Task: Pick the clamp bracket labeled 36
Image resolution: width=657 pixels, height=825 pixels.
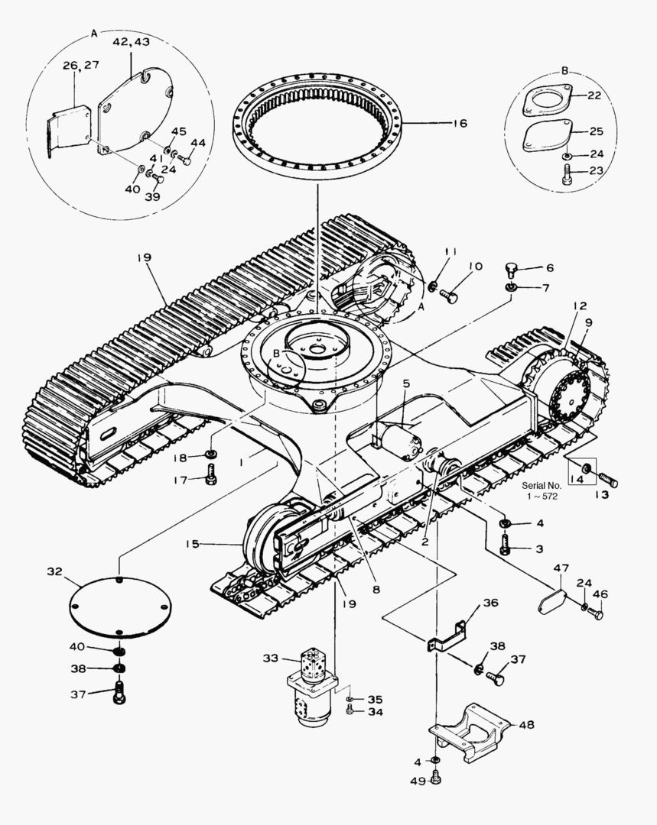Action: click(x=447, y=637)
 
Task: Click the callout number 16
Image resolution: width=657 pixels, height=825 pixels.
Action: click(x=459, y=124)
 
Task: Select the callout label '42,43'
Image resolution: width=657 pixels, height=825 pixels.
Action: click(x=131, y=43)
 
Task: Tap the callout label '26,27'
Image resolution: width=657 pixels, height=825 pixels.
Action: click(x=80, y=66)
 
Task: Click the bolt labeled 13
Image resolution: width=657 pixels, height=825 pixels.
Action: click(x=607, y=480)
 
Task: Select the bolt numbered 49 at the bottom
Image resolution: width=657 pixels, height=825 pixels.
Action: click(x=436, y=778)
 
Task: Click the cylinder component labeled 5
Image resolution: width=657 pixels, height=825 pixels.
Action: click(x=401, y=441)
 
